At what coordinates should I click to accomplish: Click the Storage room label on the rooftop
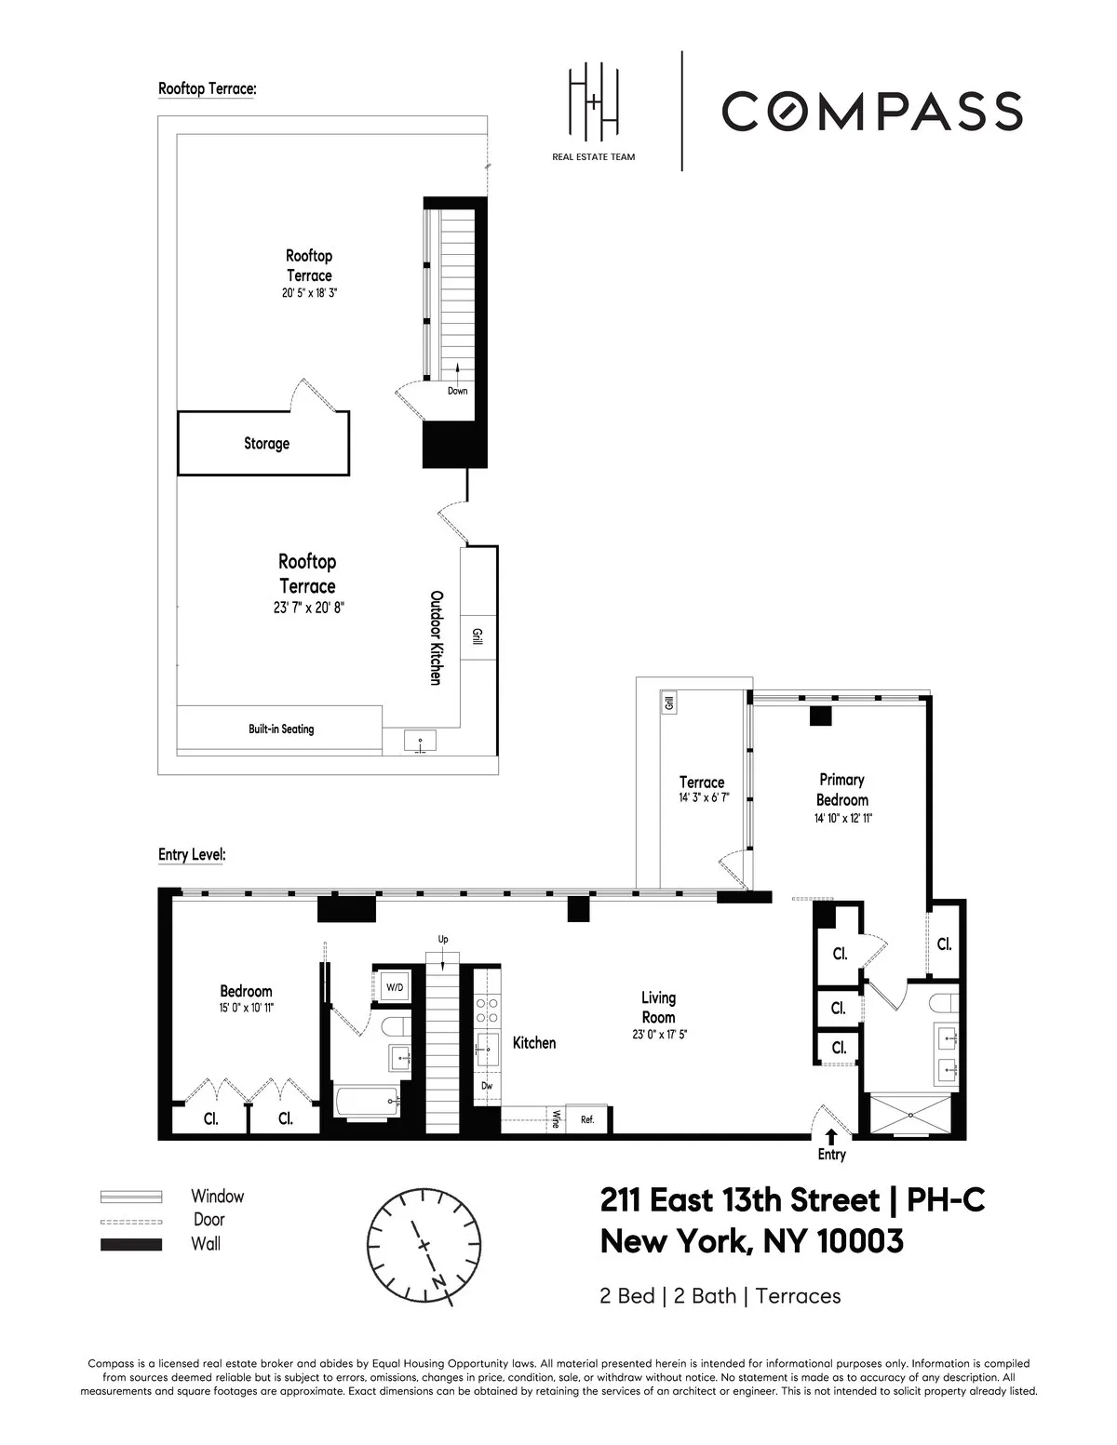coord(266,444)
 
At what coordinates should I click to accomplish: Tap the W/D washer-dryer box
coord(395,986)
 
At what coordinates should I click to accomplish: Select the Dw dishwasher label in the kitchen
coord(486,1086)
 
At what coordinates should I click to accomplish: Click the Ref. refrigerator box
coord(587,1119)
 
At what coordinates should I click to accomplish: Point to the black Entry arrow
coord(831,1136)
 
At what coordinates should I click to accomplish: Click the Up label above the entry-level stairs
coord(443,940)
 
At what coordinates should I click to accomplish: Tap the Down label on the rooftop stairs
coord(457,391)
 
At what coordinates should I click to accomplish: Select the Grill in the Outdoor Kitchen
coord(478,638)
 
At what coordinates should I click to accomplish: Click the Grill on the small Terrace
coord(667,703)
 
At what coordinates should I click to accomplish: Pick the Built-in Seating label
coord(281,729)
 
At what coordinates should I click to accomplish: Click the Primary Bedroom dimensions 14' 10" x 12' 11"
coord(841,819)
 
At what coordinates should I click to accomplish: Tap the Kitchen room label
coord(534,1043)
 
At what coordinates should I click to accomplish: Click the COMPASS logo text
coord(871,111)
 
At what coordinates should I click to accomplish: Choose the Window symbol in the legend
coord(131,1197)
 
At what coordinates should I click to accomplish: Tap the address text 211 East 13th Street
coord(740,1201)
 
